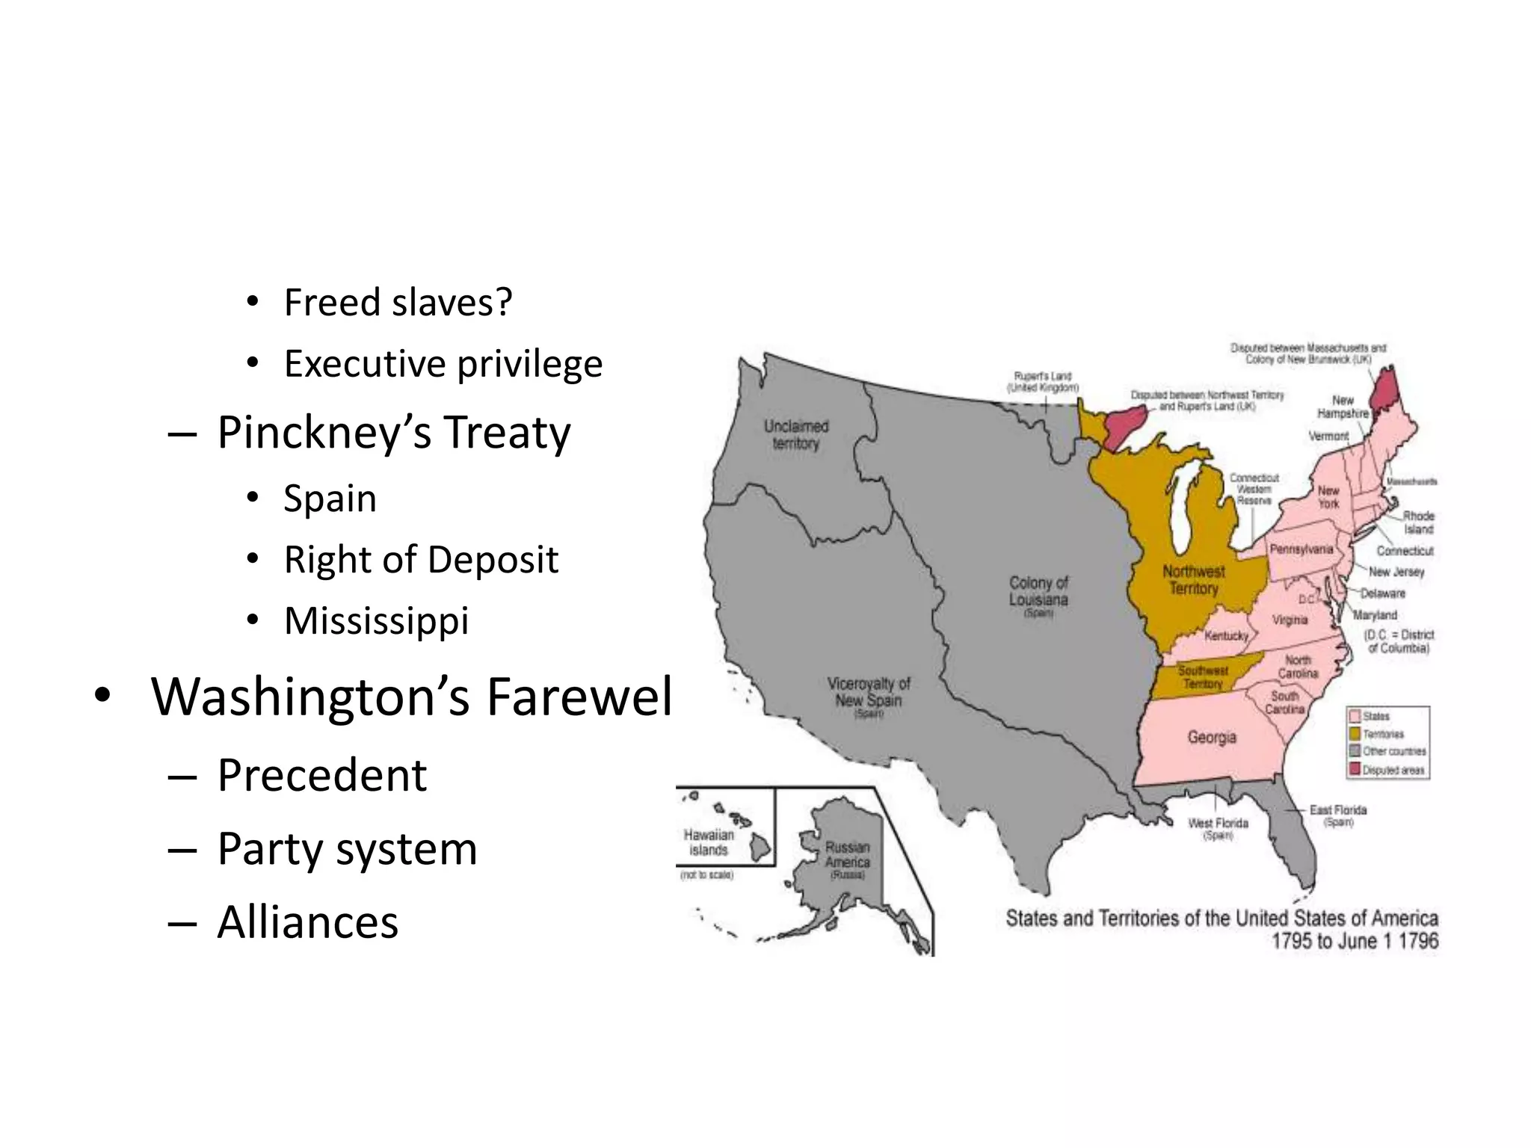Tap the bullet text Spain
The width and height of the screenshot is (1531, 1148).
pos(330,499)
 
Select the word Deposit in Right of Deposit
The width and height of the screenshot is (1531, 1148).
pos(493,559)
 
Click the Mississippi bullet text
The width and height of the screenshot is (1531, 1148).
pos(376,620)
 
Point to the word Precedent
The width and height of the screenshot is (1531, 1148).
pos(321,775)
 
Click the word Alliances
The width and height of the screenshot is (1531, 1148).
pos(307,922)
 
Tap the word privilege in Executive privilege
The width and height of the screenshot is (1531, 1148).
pos(529,364)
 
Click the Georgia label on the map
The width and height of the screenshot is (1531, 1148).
pos(1212,737)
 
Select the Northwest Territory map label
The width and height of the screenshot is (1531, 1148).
pos(1193,579)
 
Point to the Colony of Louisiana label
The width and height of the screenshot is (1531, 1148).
pos(1038,591)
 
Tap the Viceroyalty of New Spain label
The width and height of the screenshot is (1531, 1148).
pos(869,692)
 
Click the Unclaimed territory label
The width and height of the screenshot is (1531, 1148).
pos(796,434)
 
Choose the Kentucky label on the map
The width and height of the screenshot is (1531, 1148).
pos(1226,635)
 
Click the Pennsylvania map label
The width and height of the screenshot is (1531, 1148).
pos(1301,549)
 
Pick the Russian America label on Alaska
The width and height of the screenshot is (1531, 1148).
pos(847,855)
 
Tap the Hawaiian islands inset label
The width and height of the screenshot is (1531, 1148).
pos(709,842)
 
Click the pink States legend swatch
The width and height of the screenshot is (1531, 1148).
pos(1354,716)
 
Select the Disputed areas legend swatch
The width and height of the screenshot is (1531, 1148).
pos(1354,770)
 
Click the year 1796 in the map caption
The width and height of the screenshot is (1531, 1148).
pos(1417,940)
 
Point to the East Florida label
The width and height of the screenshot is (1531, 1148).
pos(1337,810)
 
